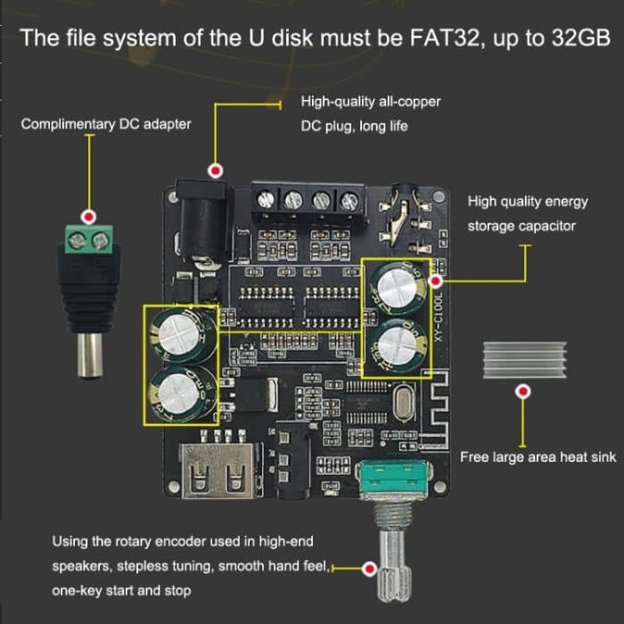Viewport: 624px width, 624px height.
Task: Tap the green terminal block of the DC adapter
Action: coord(88,242)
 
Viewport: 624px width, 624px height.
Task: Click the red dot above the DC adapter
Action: coord(88,217)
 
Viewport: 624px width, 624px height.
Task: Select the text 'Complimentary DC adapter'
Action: coord(105,124)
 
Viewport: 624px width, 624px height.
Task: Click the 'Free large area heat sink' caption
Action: coord(538,457)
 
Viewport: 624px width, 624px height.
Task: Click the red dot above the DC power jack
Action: coord(215,170)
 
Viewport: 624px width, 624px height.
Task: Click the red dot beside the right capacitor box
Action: coord(437,281)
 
